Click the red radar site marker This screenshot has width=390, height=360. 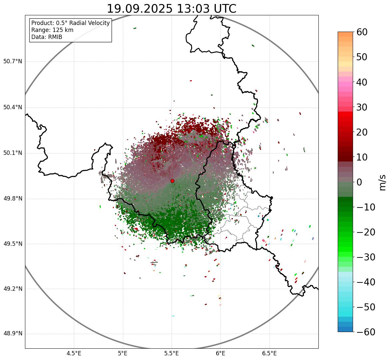point(172,181)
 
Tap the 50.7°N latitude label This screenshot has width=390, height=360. point(13,62)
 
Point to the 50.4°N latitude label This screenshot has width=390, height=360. point(13,108)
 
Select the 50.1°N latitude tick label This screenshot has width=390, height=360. point(13,153)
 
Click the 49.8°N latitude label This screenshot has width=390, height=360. point(13,199)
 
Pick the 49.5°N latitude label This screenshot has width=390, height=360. point(13,244)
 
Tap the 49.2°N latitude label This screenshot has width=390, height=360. point(13,289)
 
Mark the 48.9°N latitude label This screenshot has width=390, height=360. point(13,334)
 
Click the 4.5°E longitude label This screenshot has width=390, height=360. point(74,353)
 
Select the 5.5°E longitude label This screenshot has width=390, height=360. point(172,353)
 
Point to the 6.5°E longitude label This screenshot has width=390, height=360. point(269,353)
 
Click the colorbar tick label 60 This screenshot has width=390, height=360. point(366,32)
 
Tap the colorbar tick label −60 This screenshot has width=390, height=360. point(366,332)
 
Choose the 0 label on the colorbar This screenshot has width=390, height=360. point(359,182)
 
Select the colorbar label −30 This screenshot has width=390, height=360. point(366,257)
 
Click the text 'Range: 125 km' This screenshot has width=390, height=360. point(52,30)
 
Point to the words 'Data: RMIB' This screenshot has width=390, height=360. point(47,37)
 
